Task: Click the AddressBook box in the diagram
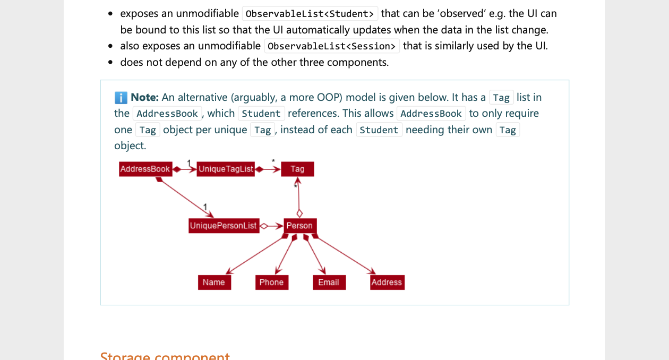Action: point(145,169)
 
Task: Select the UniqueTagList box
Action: point(226,169)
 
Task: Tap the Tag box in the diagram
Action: point(297,169)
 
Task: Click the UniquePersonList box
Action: point(223,226)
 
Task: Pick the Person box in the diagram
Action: point(299,226)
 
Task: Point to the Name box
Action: point(214,282)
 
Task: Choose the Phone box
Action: point(271,282)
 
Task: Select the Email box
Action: point(329,282)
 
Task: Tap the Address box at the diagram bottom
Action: point(387,282)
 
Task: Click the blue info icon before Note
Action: point(121,98)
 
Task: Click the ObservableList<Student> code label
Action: point(310,14)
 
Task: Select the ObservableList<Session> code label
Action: point(332,46)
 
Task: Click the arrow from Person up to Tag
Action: point(299,196)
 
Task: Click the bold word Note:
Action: point(145,97)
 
